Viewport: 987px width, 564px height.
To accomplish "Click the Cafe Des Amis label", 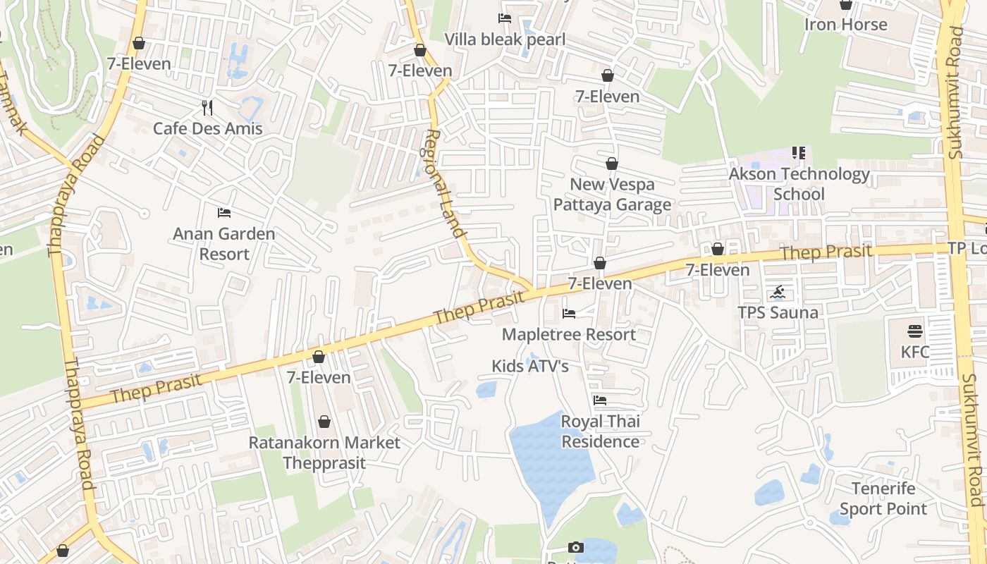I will [208, 128].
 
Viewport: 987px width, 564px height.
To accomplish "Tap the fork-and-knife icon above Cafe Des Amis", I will [207, 108].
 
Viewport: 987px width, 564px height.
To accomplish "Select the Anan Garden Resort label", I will [224, 243].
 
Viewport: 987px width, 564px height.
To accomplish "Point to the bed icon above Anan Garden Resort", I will [224, 212].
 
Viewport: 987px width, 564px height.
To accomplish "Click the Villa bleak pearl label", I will [505, 39].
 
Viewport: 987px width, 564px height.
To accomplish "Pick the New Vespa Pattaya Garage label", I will [612, 195].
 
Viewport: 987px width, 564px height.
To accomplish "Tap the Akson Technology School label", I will [799, 183].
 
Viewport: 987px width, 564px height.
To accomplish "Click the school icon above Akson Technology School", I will [799, 153].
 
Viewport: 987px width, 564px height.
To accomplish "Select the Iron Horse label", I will [846, 25].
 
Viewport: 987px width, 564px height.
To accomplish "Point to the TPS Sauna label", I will [778, 312].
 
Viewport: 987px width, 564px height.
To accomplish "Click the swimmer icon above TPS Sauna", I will [778, 293].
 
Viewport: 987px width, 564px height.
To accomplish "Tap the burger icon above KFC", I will [915, 331].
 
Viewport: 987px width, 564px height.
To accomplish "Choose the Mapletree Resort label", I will [569, 334].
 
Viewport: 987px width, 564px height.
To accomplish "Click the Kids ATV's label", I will [530, 366].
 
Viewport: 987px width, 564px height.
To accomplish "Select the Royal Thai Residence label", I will [600, 431].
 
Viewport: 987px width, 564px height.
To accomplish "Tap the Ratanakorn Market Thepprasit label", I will [324, 453].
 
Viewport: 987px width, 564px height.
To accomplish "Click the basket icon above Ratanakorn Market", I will [324, 422].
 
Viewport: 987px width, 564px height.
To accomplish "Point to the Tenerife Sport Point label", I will [883, 498].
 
